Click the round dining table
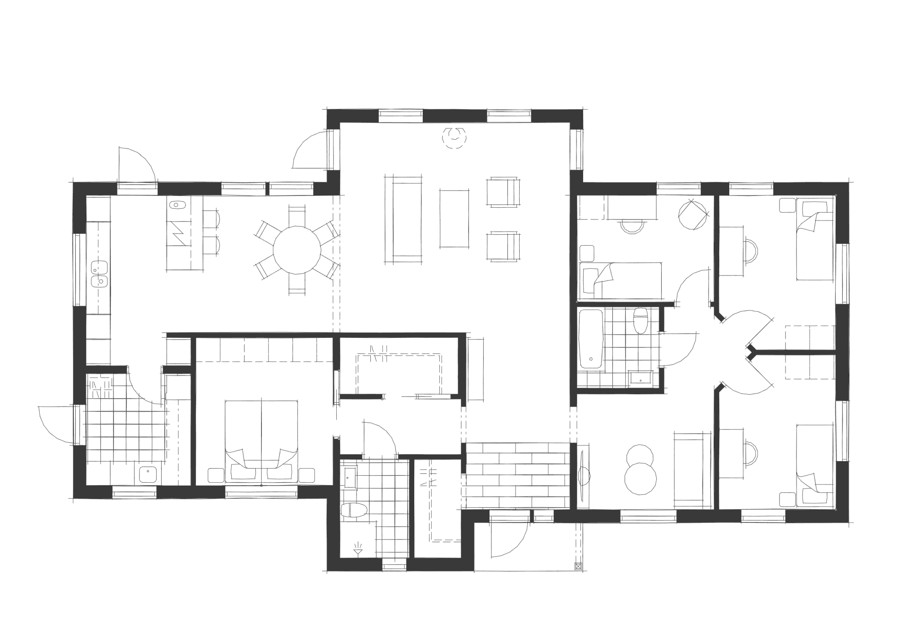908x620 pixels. pos(297,250)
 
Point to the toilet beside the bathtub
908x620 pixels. pos(641,320)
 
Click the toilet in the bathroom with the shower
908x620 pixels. pos(353,510)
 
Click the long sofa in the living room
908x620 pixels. pos(403,219)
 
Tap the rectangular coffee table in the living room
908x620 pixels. pos(454,218)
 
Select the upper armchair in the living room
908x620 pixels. pos(504,192)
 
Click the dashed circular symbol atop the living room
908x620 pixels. pos(454,138)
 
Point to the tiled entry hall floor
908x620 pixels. pos(518,476)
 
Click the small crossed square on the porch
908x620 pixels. pos(577,566)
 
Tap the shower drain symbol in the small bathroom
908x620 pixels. pos(358,550)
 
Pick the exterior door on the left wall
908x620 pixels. pos(57,424)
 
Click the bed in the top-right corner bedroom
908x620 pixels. pos(814,239)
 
